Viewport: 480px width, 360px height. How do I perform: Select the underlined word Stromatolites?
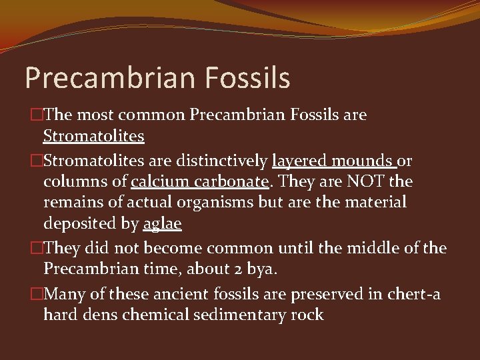point(93,137)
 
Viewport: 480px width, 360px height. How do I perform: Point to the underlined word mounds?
point(363,161)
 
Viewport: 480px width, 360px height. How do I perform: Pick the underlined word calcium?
point(159,181)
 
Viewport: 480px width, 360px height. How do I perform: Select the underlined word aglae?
point(162,224)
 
